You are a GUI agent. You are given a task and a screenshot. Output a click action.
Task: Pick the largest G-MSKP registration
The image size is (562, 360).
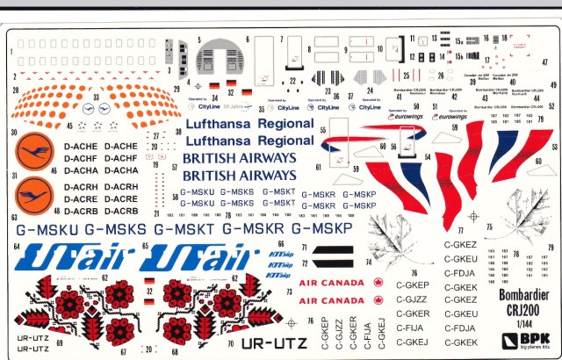tap(321, 228)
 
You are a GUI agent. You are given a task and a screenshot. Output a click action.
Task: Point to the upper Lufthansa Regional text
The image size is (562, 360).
tap(250, 124)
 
